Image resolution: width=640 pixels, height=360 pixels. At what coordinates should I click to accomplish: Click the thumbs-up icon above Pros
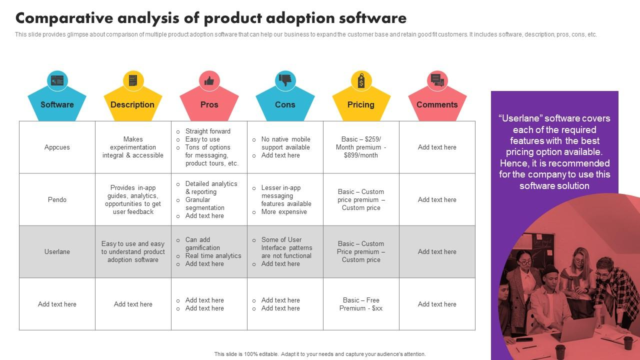pyautogui.click(x=209, y=80)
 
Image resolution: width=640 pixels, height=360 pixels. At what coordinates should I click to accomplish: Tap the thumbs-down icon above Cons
pyautogui.click(x=285, y=80)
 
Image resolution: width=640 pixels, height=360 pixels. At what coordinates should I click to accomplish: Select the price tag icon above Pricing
pyautogui.click(x=361, y=80)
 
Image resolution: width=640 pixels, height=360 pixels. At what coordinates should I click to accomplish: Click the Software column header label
pyautogui.click(x=57, y=104)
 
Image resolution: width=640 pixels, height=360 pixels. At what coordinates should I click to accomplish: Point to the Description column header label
pyautogui.click(x=132, y=104)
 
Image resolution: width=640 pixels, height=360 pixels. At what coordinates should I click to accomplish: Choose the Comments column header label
pyautogui.click(x=437, y=104)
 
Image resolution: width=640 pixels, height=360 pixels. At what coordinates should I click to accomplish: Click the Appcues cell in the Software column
pyautogui.click(x=57, y=147)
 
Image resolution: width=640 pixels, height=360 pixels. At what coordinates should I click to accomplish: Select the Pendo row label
pyautogui.click(x=57, y=199)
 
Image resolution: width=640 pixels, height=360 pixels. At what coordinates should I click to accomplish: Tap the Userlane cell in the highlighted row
pyautogui.click(x=57, y=251)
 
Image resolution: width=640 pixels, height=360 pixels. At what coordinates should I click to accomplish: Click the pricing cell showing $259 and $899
pyautogui.click(x=361, y=147)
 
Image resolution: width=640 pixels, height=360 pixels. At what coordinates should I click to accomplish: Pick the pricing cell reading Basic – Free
pyautogui.click(x=361, y=304)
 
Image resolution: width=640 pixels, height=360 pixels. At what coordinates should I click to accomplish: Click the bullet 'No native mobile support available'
pyautogui.click(x=285, y=143)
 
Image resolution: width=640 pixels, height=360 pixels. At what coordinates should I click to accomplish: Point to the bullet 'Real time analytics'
pyautogui.click(x=213, y=255)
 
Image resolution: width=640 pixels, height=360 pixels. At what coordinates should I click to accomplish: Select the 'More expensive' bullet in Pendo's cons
pyautogui.click(x=284, y=211)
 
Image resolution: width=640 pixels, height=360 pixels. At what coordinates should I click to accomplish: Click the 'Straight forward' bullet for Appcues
pyautogui.click(x=207, y=131)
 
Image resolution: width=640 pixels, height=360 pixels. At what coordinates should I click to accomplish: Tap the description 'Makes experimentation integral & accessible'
pyautogui.click(x=133, y=147)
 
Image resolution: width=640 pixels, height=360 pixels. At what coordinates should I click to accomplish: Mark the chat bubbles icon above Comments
pyautogui.click(x=437, y=80)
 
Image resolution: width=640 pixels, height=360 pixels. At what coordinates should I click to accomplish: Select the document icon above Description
pyautogui.click(x=133, y=80)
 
